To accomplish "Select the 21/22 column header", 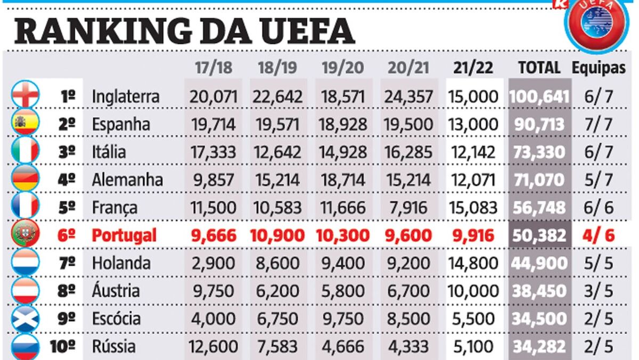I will coord(473,68).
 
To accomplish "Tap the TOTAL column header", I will coord(539,68).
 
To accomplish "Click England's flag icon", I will coord(25,96).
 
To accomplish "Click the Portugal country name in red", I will coord(124,235).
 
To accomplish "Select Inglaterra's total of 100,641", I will coord(539,97).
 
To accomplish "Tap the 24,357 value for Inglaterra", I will coord(409,97).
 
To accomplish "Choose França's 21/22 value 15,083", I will coord(473,208).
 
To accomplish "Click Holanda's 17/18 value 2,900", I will coord(212,263).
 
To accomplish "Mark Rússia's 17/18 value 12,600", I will coord(212,347).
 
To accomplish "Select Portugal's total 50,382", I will coord(539,235).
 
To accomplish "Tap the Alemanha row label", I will coord(127,180).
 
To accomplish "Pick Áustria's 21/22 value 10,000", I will coord(473,291).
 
